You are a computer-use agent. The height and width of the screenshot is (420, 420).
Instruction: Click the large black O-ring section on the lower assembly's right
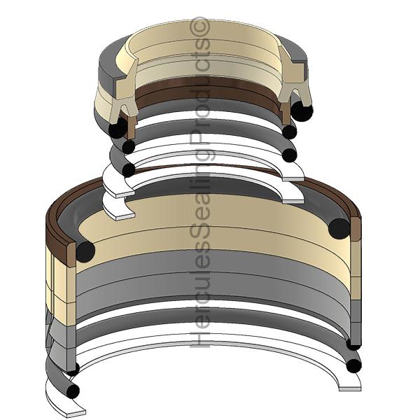pyautogui.click(x=339, y=227)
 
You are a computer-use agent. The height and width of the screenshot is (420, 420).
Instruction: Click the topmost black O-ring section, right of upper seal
pyautogui.click(x=302, y=111)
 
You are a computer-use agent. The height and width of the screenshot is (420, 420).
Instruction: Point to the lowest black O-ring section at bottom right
pyautogui.click(x=353, y=365)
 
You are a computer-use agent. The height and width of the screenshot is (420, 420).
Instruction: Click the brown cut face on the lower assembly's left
pyautogui.click(x=59, y=238)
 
